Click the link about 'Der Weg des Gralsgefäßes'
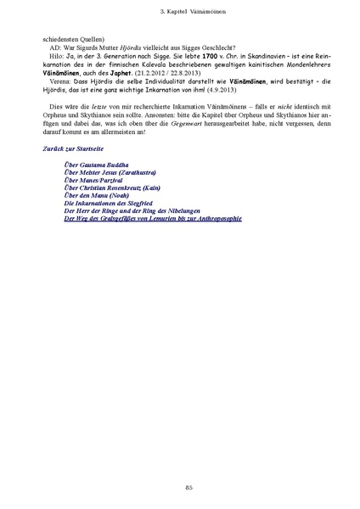point(153,219)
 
